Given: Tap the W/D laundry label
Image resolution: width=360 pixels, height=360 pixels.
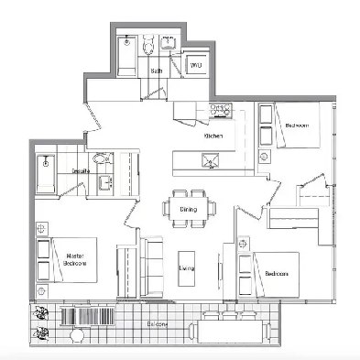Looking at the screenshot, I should [195, 65].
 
